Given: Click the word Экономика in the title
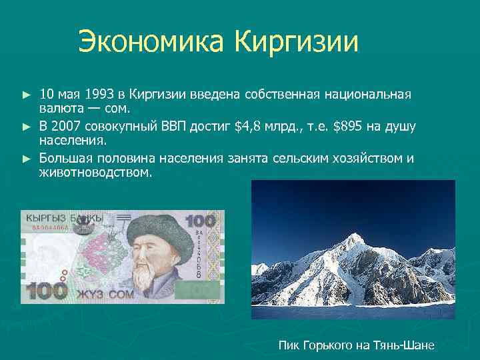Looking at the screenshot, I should point(152,42).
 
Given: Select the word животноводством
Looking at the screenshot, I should point(95,173).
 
